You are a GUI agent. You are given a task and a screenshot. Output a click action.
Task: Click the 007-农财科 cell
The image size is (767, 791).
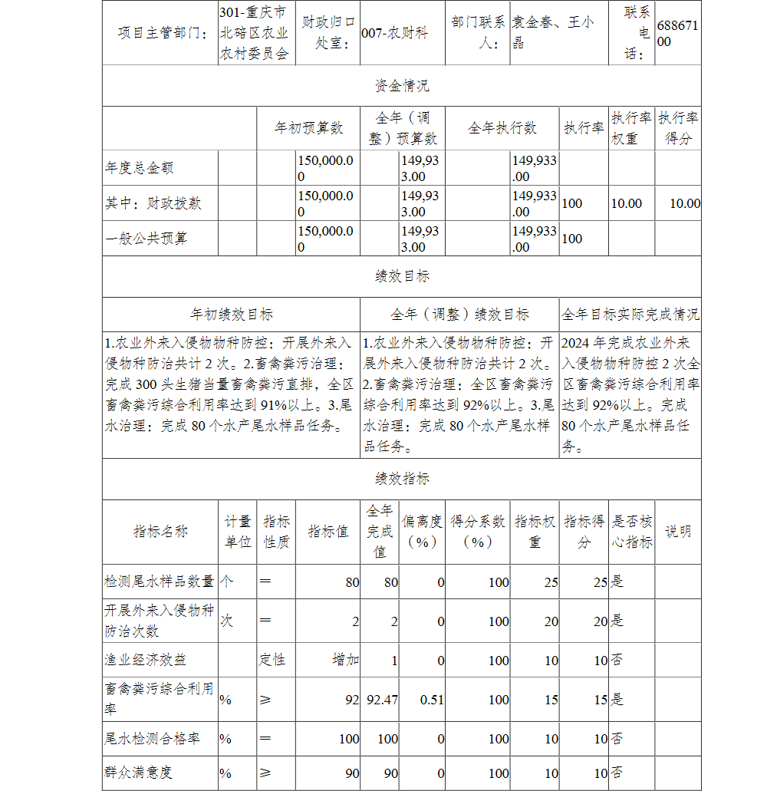(x=395, y=34)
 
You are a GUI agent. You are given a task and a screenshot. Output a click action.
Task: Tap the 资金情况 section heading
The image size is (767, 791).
(x=402, y=86)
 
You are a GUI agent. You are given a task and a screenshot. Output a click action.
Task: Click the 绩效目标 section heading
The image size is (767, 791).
(x=402, y=276)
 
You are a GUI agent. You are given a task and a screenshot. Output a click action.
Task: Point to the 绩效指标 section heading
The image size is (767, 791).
(x=402, y=479)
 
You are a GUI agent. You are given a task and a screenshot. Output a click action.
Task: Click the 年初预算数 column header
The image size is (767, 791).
(x=309, y=128)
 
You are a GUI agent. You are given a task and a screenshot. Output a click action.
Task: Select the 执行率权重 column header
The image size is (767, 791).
(x=631, y=128)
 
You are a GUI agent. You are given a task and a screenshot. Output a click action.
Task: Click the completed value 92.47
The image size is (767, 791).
(x=382, y=699)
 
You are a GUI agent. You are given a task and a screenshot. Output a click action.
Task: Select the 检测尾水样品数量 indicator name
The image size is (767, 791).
(x=160, y=582)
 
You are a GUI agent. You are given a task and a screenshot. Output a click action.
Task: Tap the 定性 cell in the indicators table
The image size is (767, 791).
(x=273, y=660)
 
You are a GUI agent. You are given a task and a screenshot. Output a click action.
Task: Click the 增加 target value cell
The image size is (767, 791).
(x=345, y=660)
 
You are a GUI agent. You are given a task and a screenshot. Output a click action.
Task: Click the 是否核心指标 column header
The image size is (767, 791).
(x=631, y=532)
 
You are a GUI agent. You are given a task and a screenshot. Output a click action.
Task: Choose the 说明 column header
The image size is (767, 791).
(x=677, y=532)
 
